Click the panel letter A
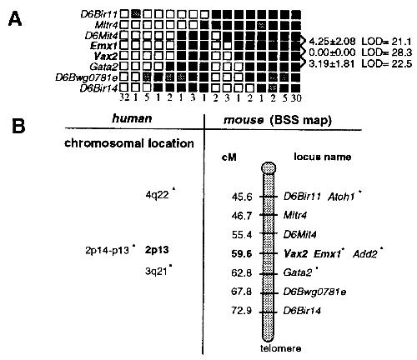(x=15, y=19)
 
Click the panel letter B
(x=18, y=126)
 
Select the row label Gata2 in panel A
(x=104, y=67)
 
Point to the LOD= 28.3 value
(x=387, y=52)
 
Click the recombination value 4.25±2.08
(x=332, y=42)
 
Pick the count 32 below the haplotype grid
(x=124, y=97)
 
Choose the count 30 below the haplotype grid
(x=296, y=98)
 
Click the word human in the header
(x=132, y=119)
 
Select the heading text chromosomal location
(x=129, y=143)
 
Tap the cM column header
(x=229, y=157)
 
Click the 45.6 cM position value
(x=242, y=197)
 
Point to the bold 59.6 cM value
(x=242, y=253)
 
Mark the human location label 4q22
(x=157, y=195)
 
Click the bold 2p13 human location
(x=157, y=250)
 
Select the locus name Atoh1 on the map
(x=341, y=197)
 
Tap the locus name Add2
(x=365, y=253)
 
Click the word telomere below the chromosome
(x=280, y=348)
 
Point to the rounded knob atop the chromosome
(x=269, y=167)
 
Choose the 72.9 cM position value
(x=242, y=310)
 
